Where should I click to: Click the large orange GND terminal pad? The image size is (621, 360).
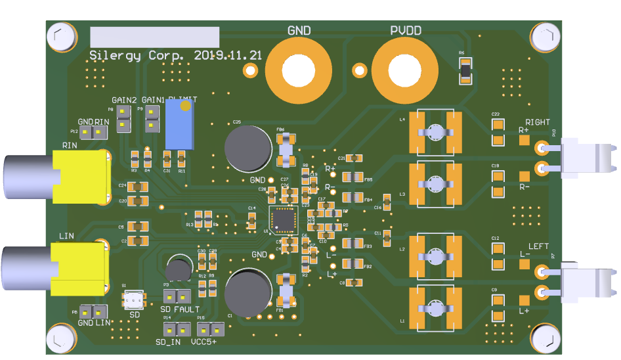click(299, 70)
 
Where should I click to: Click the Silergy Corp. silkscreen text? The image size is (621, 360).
click(139, 55)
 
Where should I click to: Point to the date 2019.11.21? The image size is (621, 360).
click(228, 55)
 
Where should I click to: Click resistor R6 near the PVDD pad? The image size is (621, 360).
click(465, 70)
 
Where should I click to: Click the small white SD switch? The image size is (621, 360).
click(134, 300)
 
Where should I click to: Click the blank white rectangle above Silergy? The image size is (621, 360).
click(154, 37)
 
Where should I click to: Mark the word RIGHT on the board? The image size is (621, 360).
click(537, 122)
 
